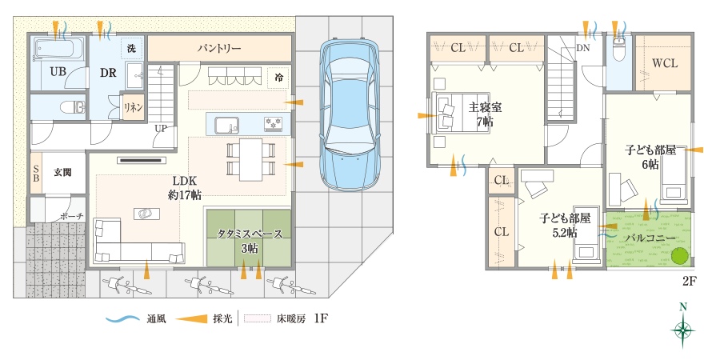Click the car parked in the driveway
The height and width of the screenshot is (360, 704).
tap(350, 115)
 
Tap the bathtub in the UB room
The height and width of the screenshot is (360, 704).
tap(59, 50)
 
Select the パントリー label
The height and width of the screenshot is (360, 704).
tap(219, 49)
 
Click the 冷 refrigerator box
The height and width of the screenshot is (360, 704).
tap(279, 77)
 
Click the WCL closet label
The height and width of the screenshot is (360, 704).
tap(665, 63)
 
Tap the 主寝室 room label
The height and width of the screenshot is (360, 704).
tap(485, 108)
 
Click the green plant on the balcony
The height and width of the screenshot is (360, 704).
tap(681, 256)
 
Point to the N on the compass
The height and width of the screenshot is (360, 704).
tap(683, 307)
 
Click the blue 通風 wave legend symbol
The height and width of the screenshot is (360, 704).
tap(123, 319)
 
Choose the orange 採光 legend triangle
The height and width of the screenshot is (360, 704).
tap(191, 318)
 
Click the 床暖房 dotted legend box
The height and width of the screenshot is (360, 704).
tap(258, 318)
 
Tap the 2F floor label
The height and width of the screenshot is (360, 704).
tap(689, 282)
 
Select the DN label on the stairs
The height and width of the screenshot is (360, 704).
tap(582, 48)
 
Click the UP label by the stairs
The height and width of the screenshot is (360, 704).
tap(161, 128)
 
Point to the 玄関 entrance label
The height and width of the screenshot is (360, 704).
tap(62, 172)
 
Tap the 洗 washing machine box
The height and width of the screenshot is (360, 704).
tap(131, 49)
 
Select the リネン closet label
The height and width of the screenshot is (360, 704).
tap(134, 107)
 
